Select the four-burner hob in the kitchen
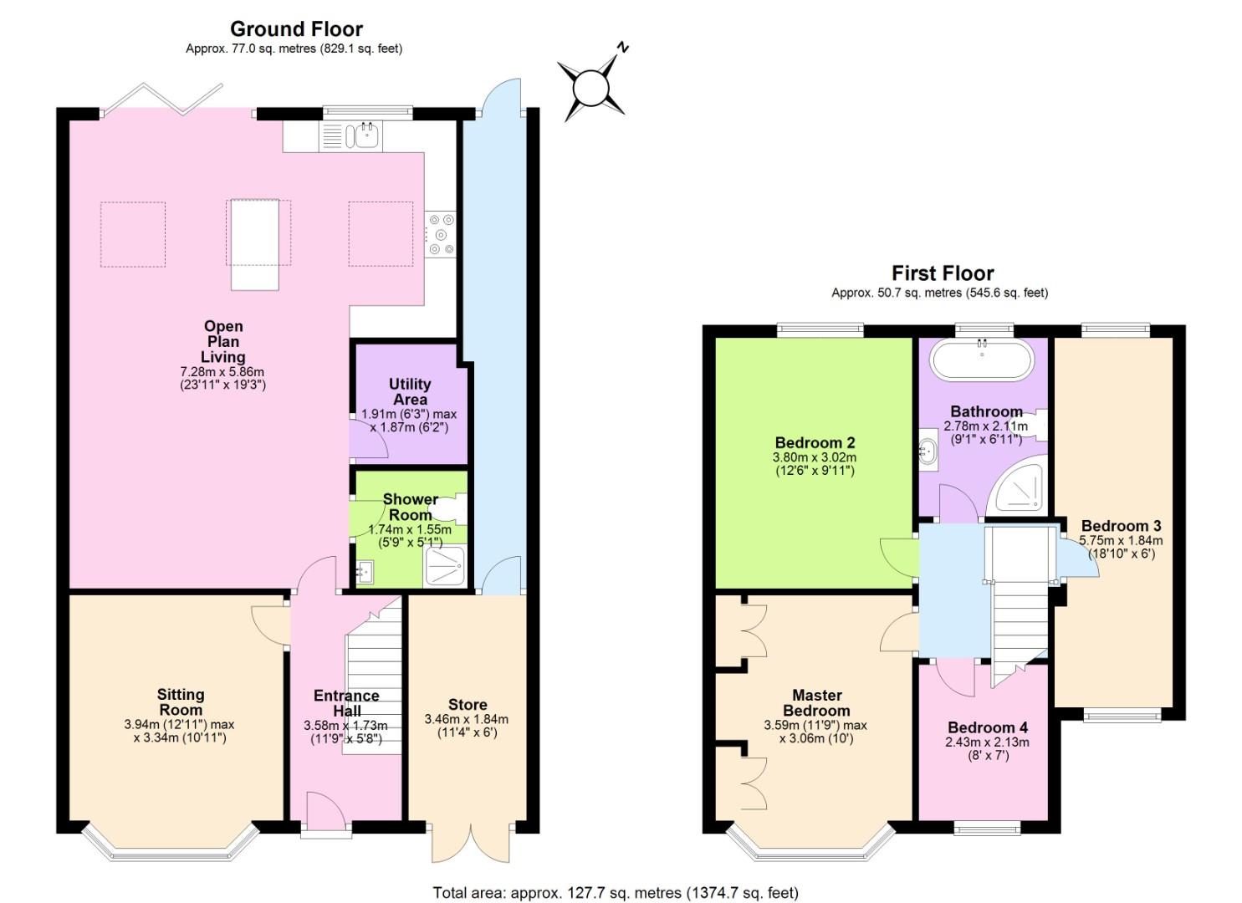coord(441,234)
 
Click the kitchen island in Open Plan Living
coord(254,244)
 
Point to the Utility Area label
coord(410,391)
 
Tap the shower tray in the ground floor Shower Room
coord(444,565)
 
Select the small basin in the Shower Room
coord(365,572)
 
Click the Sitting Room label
coord(181,701)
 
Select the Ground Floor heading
coord(297,28)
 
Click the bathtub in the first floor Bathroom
coord(982,360)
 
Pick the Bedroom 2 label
coord(815,442)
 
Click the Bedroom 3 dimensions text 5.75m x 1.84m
coord(1121,540)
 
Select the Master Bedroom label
coord(817,702)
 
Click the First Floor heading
coord(943,273)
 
